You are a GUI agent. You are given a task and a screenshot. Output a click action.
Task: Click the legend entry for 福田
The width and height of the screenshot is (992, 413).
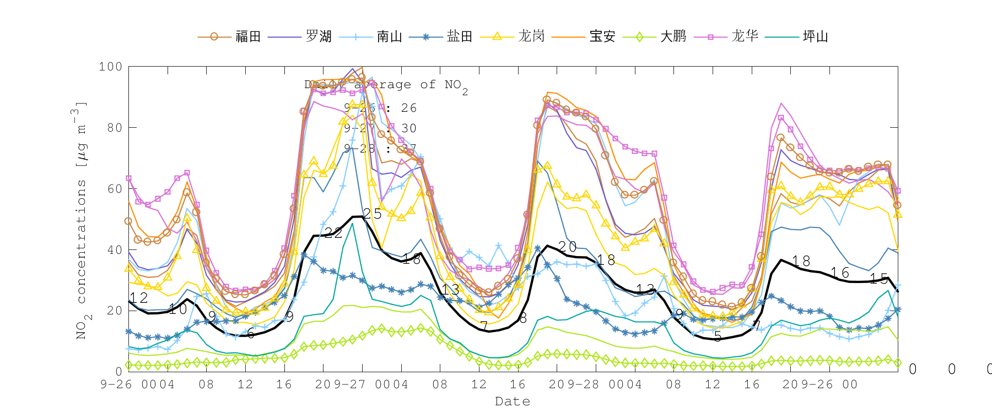coord(248,37)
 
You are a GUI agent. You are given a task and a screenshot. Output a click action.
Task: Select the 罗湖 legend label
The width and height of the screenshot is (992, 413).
coord(319,37)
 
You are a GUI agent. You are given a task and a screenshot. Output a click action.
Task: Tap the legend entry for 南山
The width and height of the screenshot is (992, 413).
coord(390,37)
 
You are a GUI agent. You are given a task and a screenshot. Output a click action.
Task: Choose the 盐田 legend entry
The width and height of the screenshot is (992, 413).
coord(460,37)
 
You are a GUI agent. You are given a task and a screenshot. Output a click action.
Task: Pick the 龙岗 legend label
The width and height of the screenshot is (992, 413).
coord(531,37)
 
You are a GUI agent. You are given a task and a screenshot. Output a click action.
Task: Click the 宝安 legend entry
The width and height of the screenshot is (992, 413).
coord(602,37)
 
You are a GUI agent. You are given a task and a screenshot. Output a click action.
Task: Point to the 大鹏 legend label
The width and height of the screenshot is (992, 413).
coord(673,37)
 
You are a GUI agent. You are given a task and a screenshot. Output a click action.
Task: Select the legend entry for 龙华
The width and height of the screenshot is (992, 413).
coord(745,37)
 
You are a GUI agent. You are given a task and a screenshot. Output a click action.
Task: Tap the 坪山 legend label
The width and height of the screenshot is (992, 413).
coord(816,37)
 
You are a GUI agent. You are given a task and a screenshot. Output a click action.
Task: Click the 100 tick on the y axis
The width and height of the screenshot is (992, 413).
coord(110,67)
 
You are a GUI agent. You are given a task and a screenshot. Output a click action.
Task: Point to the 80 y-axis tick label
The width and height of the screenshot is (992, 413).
coord(114,127)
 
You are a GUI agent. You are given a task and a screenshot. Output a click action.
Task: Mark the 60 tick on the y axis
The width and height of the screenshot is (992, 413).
coord(114,188)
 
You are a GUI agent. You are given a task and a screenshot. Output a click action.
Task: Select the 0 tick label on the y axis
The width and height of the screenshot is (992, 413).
coord(118,371)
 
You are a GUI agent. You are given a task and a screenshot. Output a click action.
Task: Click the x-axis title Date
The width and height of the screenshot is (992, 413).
coord(513,401)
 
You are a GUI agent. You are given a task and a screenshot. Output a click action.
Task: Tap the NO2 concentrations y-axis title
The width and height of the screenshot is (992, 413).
coord(81,220)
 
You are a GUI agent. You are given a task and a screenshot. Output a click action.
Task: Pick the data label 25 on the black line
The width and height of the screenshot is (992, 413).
coord(373,214)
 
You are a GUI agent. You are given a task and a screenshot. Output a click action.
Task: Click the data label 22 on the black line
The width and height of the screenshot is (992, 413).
coord(333,233)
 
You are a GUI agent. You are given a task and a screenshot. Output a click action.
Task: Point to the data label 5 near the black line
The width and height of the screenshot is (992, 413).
coord(718,336)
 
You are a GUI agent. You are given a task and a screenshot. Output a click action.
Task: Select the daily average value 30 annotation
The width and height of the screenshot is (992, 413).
coord(408,128)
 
